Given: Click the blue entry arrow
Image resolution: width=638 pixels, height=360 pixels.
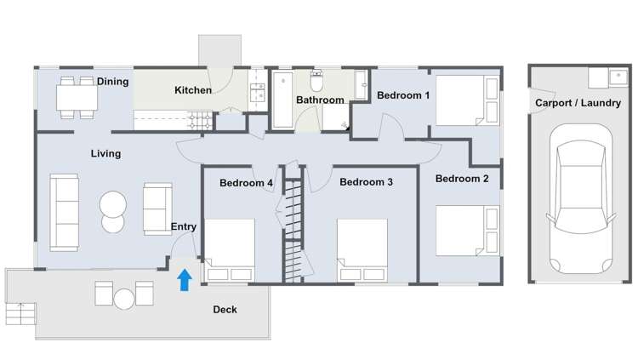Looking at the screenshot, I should tap(183, 280).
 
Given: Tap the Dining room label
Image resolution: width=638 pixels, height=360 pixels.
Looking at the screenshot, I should tap(112, 82).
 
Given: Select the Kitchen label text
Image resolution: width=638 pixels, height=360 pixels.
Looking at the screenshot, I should tap(193, 90).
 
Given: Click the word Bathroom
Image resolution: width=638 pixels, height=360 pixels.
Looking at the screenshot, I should tap(320, 100).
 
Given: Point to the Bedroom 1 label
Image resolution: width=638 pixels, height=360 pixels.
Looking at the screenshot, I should tap(403, 95).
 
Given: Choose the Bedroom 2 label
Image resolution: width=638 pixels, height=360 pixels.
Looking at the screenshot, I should tap(462, 179).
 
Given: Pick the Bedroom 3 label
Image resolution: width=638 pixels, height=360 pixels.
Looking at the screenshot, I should tap(366, 182).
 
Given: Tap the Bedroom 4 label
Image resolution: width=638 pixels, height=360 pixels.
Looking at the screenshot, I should tap(246, 182).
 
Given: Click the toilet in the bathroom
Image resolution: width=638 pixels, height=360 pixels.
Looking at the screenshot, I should tap(316, 83).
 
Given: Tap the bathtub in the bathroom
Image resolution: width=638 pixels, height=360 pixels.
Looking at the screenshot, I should tap(282, 100).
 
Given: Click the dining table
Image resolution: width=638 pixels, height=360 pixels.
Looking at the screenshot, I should tap(77, 97).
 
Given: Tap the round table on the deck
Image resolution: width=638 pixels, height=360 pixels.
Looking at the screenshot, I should tap(124, 299).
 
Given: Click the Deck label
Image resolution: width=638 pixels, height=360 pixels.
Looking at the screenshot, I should tap(225, 310).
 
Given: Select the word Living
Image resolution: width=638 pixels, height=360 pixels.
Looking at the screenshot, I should tap(105, 154).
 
